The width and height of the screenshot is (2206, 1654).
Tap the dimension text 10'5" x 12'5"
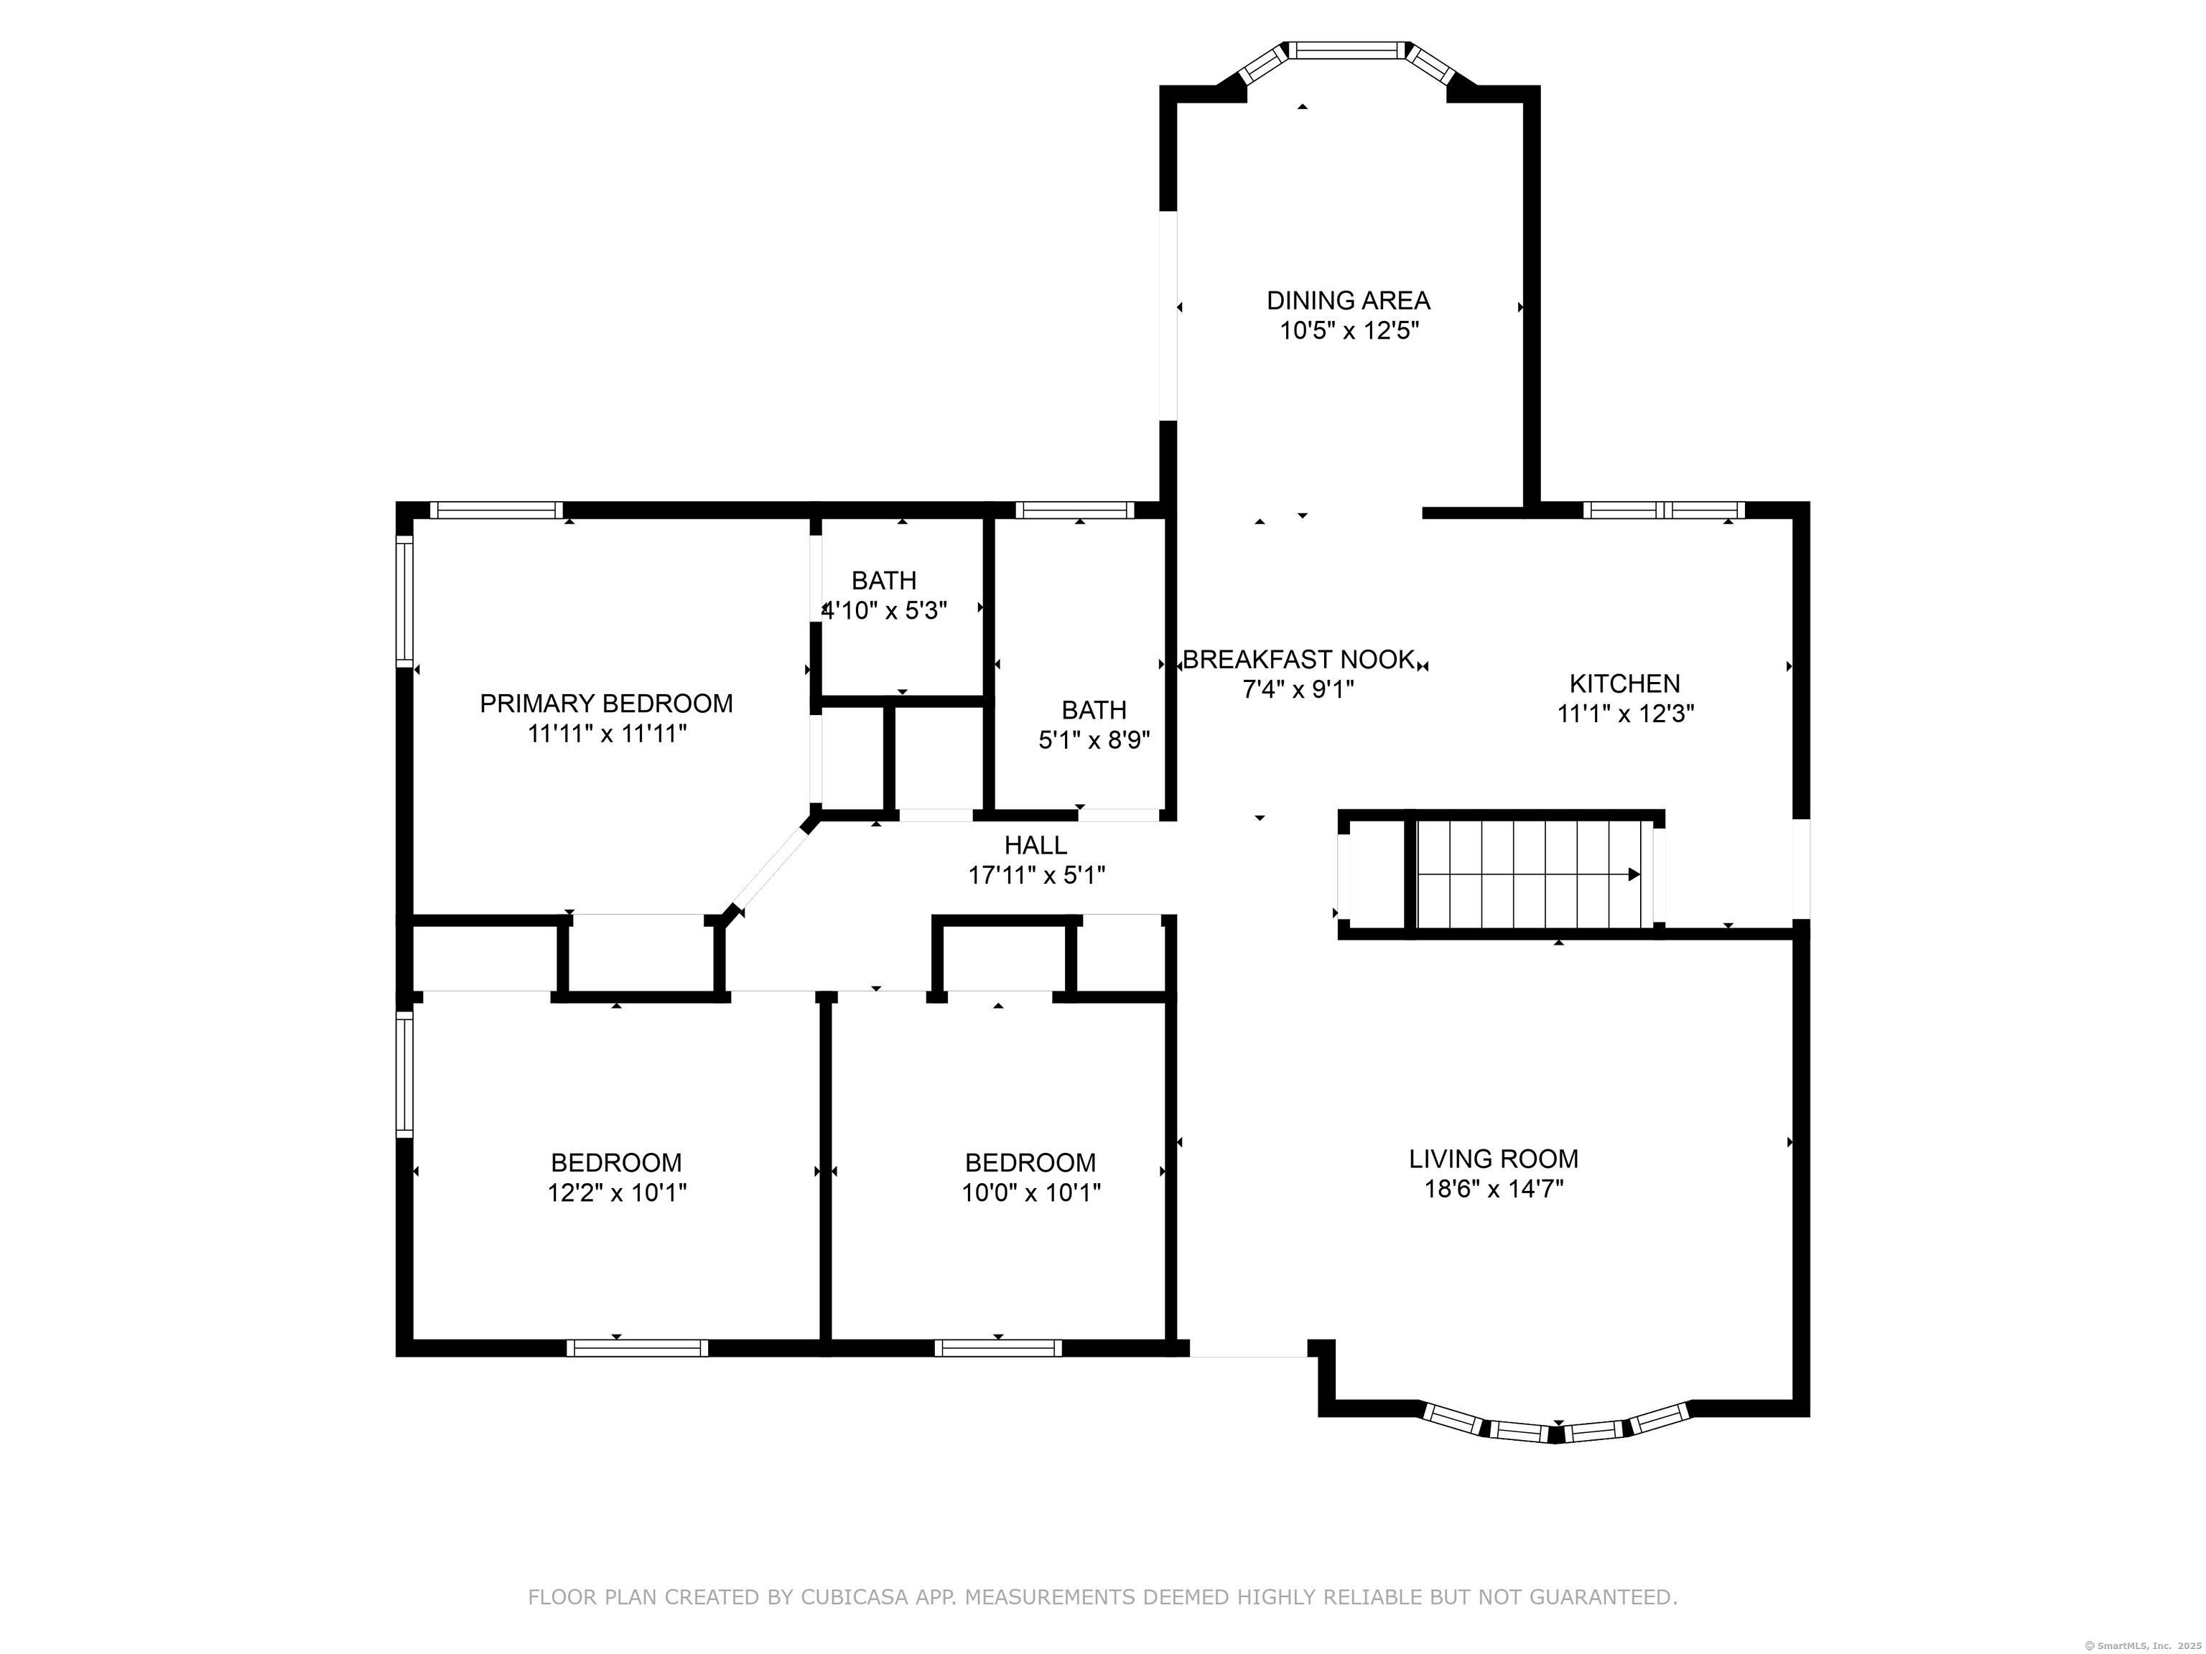click(x=1349, y=331)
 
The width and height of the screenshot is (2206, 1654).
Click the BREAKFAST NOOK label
click(x=1298, y=659)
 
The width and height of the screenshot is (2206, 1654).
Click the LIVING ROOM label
click(x=1493, y=1159)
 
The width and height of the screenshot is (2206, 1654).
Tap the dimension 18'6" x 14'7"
click(x=1493, y=1188)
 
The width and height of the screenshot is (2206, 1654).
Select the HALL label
click(x=1035, y=844)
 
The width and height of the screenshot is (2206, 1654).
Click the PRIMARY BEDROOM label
click(x=606, y=703)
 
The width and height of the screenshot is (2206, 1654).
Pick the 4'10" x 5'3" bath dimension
click(x=885, y=610)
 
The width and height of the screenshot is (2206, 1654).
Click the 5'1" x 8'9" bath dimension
click(x=1094, y=739)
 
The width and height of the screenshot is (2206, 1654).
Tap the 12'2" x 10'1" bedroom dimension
click(x=616, y=1192)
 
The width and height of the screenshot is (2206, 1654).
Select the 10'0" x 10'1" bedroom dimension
click(x=1030, y=1192)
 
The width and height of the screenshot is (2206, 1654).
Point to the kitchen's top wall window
click(x=1663, y=510)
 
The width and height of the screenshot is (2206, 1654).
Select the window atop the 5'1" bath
click(x=1074, y=510)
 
